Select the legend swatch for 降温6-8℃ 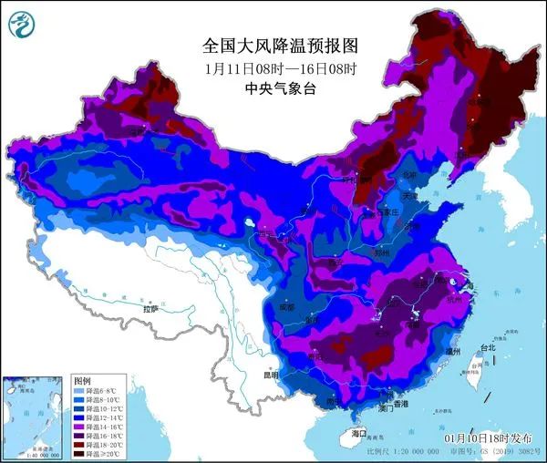click(x=80, y=388)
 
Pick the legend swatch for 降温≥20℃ click(x=80, y=452)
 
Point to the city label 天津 click(x=412, y=196)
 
